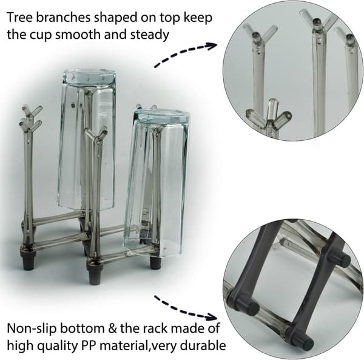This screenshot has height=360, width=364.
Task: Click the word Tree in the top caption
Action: [19, 18]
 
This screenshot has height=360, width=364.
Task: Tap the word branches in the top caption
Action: [63, 18]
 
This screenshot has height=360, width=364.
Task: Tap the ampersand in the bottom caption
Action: [112, 328]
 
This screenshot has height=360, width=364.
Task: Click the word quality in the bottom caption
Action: [58, 346]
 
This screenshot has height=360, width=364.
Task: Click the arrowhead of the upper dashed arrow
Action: [212, 46]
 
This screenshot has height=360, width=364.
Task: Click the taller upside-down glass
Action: [87, 140]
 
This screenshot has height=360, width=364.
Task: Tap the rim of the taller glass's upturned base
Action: [89, 76]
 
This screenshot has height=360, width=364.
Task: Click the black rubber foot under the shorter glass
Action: [155, 262]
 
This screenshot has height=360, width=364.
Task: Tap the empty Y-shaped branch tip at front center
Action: [96, 134]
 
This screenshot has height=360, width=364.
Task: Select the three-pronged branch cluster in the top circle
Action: [269, 117]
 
